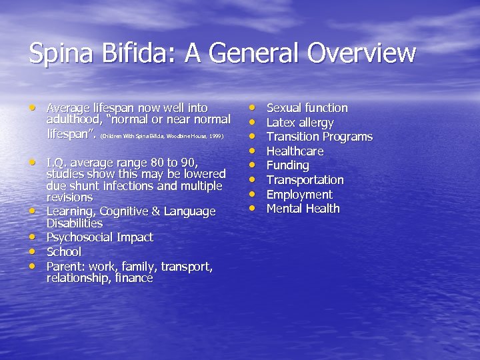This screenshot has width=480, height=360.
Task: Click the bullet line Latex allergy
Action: click(300, 123)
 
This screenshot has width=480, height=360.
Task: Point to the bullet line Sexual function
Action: click(307, 108)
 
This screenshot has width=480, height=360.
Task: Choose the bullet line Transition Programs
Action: click(319, 137)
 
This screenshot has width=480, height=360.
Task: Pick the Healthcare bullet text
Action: click(295, 151)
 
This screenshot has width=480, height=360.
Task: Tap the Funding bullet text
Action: click(287, 165)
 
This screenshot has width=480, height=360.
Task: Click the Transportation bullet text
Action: click(305, 180)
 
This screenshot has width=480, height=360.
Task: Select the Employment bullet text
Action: click(299, 195)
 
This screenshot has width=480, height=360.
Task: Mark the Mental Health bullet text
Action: click(303, 209)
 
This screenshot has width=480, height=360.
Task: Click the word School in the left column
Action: click(63, 252)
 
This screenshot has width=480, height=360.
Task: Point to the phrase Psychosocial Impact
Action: click(99, 237)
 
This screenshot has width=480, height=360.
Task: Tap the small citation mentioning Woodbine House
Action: click(161, 135)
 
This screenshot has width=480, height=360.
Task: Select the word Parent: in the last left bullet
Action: click(65, 267)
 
